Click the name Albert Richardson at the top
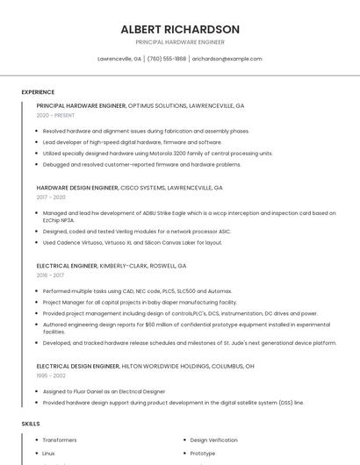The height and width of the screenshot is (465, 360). tap(179, 29)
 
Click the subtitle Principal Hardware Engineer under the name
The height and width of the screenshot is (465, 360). tap(179, 42)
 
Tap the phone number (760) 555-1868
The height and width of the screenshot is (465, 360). tap(167, 59)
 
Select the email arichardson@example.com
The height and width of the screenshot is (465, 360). tap(227, 59)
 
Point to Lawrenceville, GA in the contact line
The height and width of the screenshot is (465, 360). tap(119, 59)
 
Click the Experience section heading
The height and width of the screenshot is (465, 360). tap(38, 92)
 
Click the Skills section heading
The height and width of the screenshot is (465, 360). tap(31, 424)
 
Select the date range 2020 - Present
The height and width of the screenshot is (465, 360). tap(55, 115)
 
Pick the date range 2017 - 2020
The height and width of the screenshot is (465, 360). tap(51, 197)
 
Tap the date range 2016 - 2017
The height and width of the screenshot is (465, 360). tap(51, 275)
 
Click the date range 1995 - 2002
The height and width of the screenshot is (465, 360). tap(51, 376)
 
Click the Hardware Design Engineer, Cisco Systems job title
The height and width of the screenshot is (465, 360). tap(129, 188)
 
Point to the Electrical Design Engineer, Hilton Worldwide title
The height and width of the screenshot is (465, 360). tap(145, 366)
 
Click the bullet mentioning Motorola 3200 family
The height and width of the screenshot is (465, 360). tap(157, 153)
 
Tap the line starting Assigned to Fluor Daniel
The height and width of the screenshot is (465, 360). tap(104, 391)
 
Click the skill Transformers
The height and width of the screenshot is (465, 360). tap(60, 440)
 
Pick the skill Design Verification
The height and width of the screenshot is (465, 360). tap(213, 440)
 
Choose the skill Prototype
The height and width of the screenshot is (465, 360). tap(203, 454)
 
